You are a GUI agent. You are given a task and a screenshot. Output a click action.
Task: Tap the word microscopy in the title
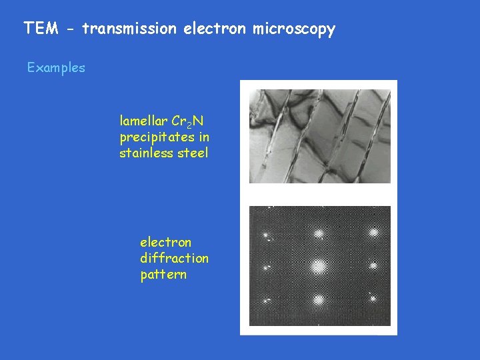click(x=294, y=29)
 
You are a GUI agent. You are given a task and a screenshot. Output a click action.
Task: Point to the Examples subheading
click(x=56, y=68)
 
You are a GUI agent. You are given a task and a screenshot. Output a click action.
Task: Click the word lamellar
click(x=143, y=121)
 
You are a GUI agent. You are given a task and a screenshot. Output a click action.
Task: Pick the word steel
click(x=192, y=153)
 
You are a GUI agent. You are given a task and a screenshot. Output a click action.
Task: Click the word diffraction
click(x=174, y=258)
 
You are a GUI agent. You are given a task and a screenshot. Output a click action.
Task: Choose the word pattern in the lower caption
click(x=163, y=275)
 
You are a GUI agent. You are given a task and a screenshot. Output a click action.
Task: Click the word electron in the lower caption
click(x=165, y=242)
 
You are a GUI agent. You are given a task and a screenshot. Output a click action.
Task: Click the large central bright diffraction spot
click(x=319, y=267)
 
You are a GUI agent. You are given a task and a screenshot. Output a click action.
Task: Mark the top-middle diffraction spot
click(x=319, y=233)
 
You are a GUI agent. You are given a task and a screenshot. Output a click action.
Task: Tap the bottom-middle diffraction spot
click(x=319, y=300)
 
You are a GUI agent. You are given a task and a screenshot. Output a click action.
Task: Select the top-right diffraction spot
click(x=373, y=233)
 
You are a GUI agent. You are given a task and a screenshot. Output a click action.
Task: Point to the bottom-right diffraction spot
click(x=373, y=298)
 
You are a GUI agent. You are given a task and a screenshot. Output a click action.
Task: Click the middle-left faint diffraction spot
click(x=266, y=268)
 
